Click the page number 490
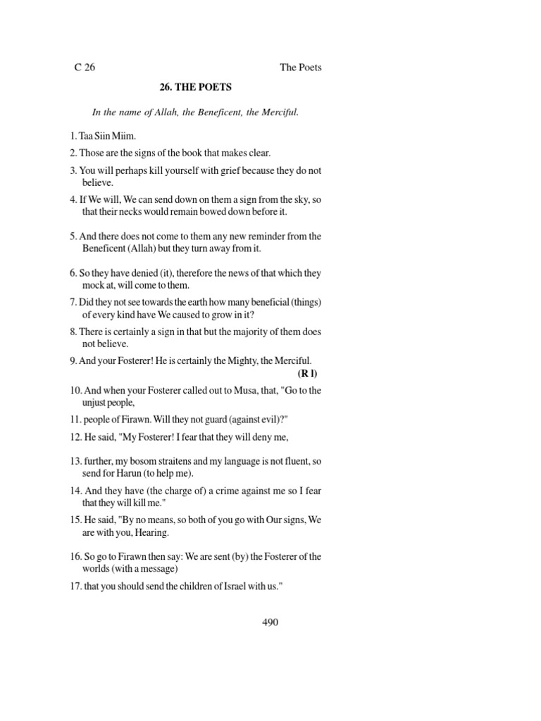270,622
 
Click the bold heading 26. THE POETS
194,88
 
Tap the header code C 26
85,68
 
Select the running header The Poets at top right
301,68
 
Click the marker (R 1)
308,373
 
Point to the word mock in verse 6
94,285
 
